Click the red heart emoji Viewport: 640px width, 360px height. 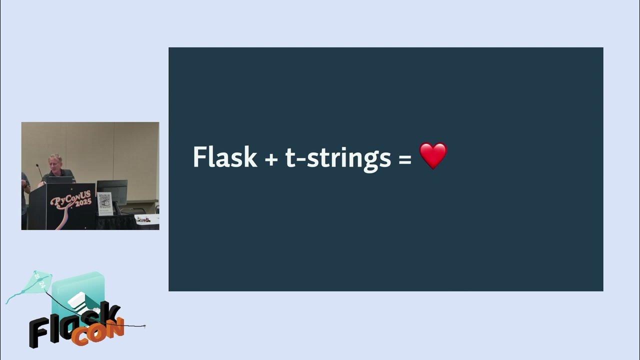(433, 156)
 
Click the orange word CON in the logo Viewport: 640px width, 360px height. (97, 332)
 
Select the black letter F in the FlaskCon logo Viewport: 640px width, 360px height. (40, 332)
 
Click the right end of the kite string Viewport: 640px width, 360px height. (144, 326)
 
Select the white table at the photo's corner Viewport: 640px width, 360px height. (147, 220)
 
